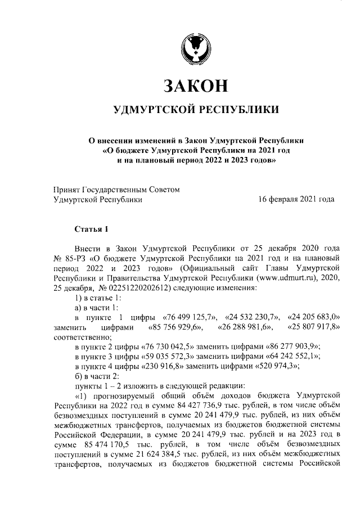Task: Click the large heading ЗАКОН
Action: tap(195, 85)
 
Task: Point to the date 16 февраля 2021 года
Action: tap(296, 199)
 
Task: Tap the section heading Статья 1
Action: tap(89, 229)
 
